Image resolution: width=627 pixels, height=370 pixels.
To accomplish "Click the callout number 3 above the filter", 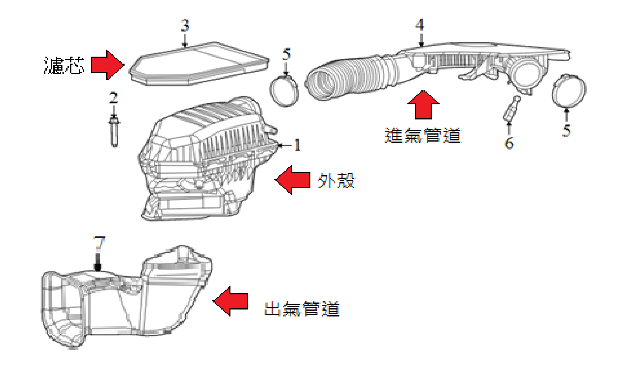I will tap(185, 26).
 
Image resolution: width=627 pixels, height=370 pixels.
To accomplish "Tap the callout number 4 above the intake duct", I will tap(420, 25).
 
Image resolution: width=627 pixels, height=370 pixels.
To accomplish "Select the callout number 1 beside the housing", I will tap(297, 145).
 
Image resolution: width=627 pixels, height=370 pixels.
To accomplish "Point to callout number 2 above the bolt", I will tap(113, 97).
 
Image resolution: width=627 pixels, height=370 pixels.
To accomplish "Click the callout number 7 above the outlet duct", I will tap(99, 243).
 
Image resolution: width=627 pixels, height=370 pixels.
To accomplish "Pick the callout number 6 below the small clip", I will tap(509, 143).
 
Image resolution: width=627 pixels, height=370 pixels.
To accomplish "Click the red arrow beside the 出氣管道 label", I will tap(231, 301).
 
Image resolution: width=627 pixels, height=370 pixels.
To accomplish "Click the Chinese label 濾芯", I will tap(64, 65).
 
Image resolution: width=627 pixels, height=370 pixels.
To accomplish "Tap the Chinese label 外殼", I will tap(336, 180).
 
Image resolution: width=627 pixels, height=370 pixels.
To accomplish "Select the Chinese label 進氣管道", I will tap(423, 135).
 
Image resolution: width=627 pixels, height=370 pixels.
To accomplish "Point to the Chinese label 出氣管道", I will tap(301, 309).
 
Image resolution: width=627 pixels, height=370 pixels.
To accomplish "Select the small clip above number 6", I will tap(511, 109).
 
